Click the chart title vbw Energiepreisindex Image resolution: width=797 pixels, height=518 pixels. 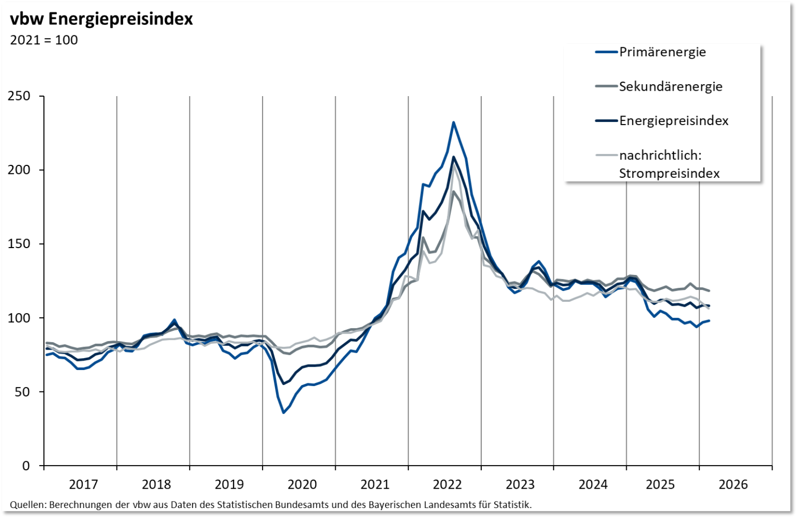[102, 19]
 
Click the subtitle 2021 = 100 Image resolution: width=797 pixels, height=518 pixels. [44, 40]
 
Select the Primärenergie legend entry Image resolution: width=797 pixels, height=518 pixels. [662, 52]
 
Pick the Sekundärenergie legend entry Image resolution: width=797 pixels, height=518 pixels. [670, 86]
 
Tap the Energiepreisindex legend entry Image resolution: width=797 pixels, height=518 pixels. [673, 121]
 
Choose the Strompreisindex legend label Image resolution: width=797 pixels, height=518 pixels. [669, 173]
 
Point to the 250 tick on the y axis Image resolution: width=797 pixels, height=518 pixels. [19, 96]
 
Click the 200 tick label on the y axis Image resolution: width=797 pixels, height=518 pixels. [19, 170]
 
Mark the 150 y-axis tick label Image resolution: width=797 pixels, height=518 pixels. [19, 244]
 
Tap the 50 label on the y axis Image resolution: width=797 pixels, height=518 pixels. [22, 392]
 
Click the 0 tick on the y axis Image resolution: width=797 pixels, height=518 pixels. [26, 466]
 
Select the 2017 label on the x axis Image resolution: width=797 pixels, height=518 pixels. [83, 484]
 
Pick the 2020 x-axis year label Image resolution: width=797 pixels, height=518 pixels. [302, 484]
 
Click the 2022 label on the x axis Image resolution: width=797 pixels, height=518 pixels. [447, 484]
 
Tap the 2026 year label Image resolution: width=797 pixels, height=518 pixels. [733, 484]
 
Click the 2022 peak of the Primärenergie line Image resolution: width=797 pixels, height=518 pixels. [453, 122]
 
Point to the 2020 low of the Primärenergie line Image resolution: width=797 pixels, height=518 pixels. [283, 412]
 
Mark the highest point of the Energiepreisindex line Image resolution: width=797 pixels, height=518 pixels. [453, 157]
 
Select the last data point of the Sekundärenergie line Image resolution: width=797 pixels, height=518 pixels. [709, 291]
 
